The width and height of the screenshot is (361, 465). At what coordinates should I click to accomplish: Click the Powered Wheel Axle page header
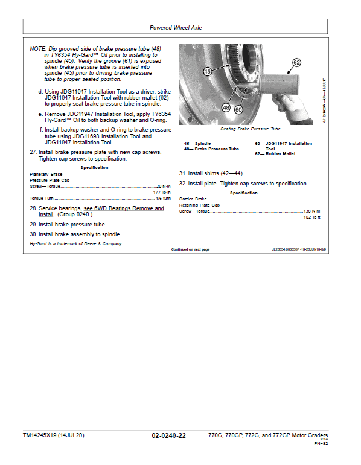pos(176,28)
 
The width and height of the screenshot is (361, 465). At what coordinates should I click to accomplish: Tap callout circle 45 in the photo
pos(208,71)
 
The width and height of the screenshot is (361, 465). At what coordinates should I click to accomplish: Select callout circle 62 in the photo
pos(296,63)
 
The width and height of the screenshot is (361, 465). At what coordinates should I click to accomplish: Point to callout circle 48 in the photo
pos(226,107)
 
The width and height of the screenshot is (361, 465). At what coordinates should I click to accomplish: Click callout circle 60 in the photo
pos(238,110)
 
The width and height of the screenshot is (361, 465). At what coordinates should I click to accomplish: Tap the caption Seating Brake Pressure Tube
pos(251,129)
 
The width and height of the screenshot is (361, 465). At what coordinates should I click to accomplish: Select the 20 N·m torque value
pos(164,186)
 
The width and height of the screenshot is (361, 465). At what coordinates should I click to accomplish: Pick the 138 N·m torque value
pos(311,211)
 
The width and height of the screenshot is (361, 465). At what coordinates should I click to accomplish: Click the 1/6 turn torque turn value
pos(164,199)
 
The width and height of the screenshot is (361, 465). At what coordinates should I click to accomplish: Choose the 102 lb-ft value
pos(311,217)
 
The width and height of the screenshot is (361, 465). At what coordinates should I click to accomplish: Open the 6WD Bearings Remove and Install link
pos(101,211)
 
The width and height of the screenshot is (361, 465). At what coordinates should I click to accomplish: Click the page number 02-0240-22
pos(168,435)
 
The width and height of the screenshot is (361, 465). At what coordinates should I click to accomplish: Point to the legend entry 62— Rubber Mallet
pos(275,153)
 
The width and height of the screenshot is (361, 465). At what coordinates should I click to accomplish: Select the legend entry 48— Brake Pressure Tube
pos(211,149)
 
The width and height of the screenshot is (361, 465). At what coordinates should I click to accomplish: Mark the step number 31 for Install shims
pos(182,173)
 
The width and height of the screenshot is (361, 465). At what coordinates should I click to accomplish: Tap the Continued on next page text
pos(190,249)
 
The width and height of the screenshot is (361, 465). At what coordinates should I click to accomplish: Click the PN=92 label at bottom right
pos(321,444)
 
